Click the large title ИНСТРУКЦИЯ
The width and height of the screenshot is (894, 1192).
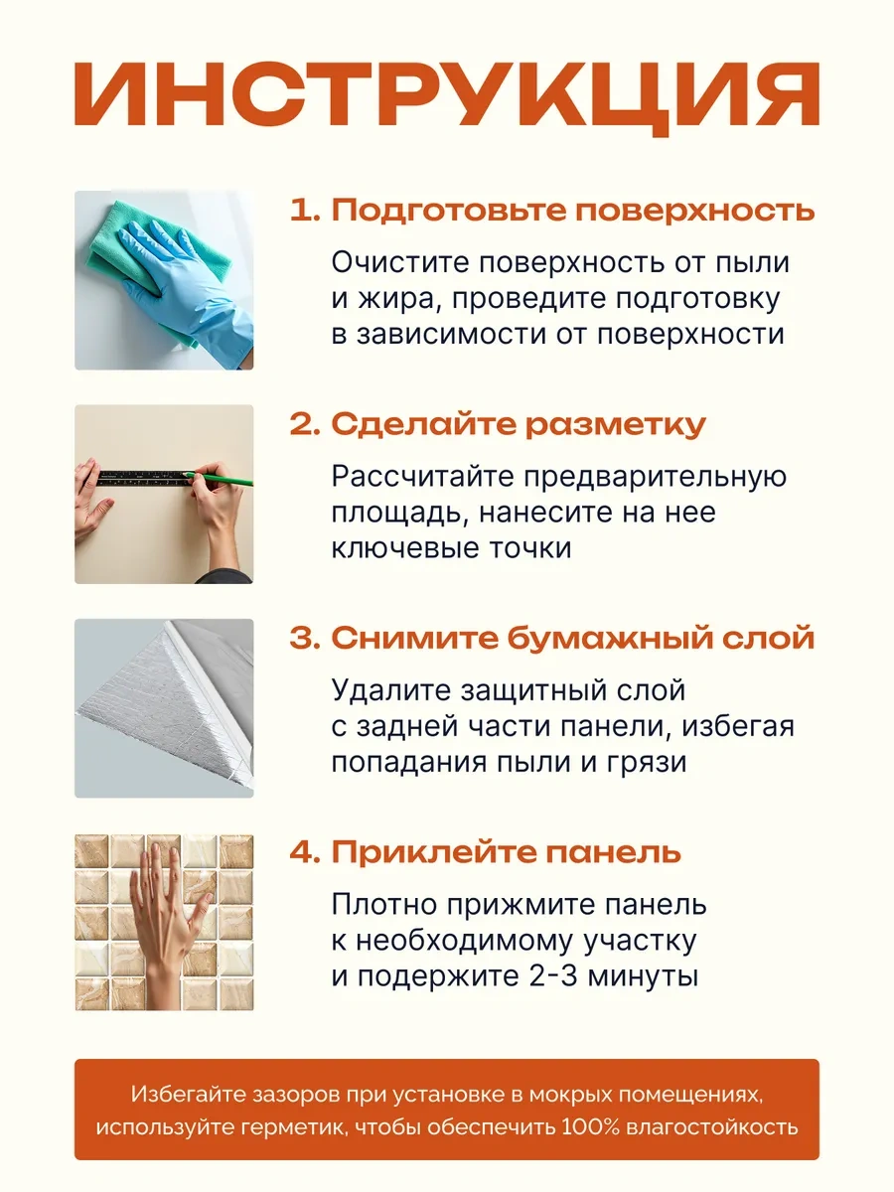[x=447, y=97]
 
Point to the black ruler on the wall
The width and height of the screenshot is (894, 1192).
[x=144, y=478]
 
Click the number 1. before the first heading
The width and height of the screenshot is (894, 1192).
[x=305, y=211]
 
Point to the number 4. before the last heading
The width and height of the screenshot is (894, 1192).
[x=305, y=852]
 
